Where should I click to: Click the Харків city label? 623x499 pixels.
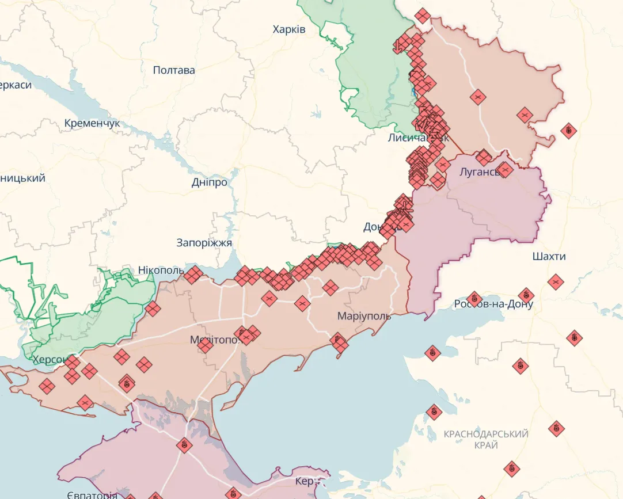point(289,29)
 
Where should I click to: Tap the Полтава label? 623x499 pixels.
point(174,70)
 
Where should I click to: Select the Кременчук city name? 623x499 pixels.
point(92,123)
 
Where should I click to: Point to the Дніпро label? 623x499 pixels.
point(209,182)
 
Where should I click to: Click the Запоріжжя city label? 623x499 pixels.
point(204,242)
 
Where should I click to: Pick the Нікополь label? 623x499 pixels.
point(161,270)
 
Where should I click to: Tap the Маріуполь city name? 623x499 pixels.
point(364,316)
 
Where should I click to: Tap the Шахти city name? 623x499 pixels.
point(549,256)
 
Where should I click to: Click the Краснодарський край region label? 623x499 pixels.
point(486,439)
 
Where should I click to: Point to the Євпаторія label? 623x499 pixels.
point(92,494)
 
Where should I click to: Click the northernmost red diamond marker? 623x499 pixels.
point(423,16)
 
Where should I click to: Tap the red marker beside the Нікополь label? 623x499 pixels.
point(193,275)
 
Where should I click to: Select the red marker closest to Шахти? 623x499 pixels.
point(555,282)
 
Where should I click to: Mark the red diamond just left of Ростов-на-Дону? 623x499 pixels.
point(474,298)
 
